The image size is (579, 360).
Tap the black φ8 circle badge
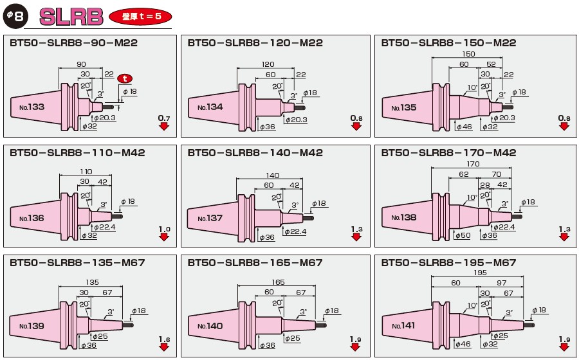point(15,15)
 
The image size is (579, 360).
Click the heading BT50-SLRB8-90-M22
point(74,43)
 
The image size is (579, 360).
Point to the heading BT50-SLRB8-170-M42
point(448,153)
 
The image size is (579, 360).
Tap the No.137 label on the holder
point(210,218)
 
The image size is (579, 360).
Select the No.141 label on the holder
point(403,326)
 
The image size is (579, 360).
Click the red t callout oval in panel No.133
point(126,78)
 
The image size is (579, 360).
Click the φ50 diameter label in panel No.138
point(463,236)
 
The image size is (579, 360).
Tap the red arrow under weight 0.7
point(164,127)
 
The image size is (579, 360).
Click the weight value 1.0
point(163,229)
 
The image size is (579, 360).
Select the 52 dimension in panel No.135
point(490,64)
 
